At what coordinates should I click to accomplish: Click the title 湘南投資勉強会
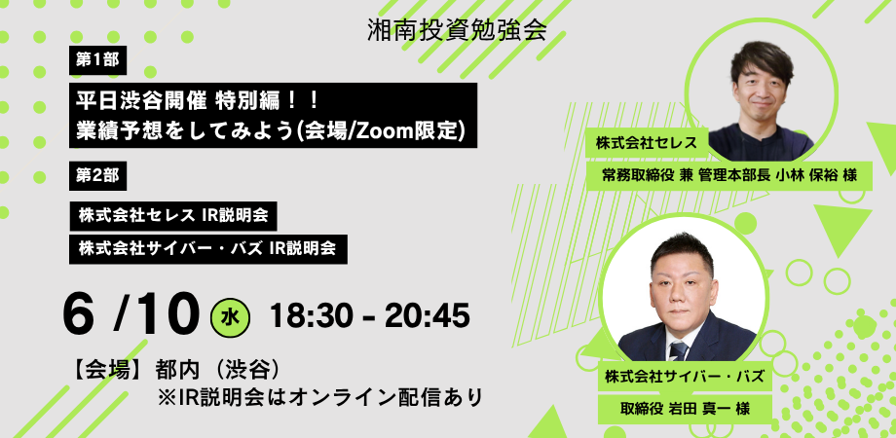457,30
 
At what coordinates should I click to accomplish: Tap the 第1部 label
97,60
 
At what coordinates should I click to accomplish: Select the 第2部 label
97,176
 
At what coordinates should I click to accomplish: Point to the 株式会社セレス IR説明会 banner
173,215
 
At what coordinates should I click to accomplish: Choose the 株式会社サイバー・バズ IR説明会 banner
208,248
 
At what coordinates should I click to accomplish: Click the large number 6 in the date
78,315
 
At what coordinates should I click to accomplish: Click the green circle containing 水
230,318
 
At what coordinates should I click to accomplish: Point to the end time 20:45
428,315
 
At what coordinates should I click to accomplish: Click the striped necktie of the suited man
679,350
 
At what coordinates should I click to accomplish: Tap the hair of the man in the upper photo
762,60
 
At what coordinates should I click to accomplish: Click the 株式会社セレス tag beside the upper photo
647,143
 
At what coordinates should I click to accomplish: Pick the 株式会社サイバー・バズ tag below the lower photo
684,377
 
